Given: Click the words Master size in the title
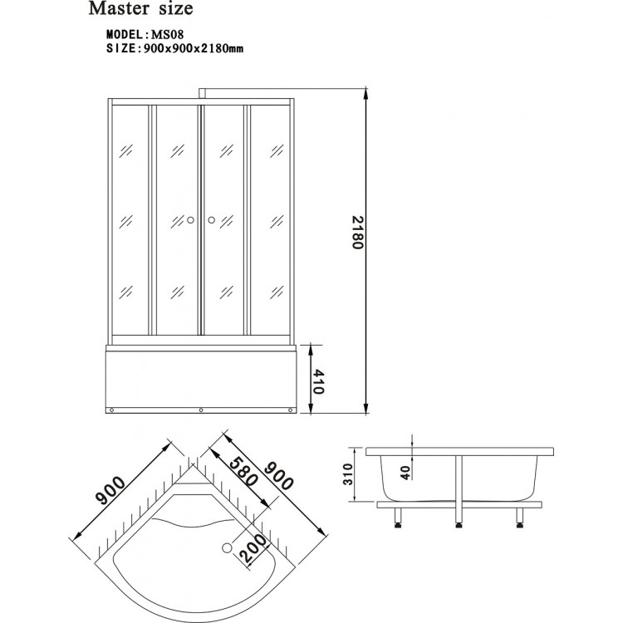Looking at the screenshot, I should pos(141,11).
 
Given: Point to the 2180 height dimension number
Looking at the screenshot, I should pos(358,235).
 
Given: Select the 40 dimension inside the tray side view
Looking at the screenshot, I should pos(405,472).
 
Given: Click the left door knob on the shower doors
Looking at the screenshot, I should pos(190,220).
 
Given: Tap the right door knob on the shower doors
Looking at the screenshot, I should pos(211,220).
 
